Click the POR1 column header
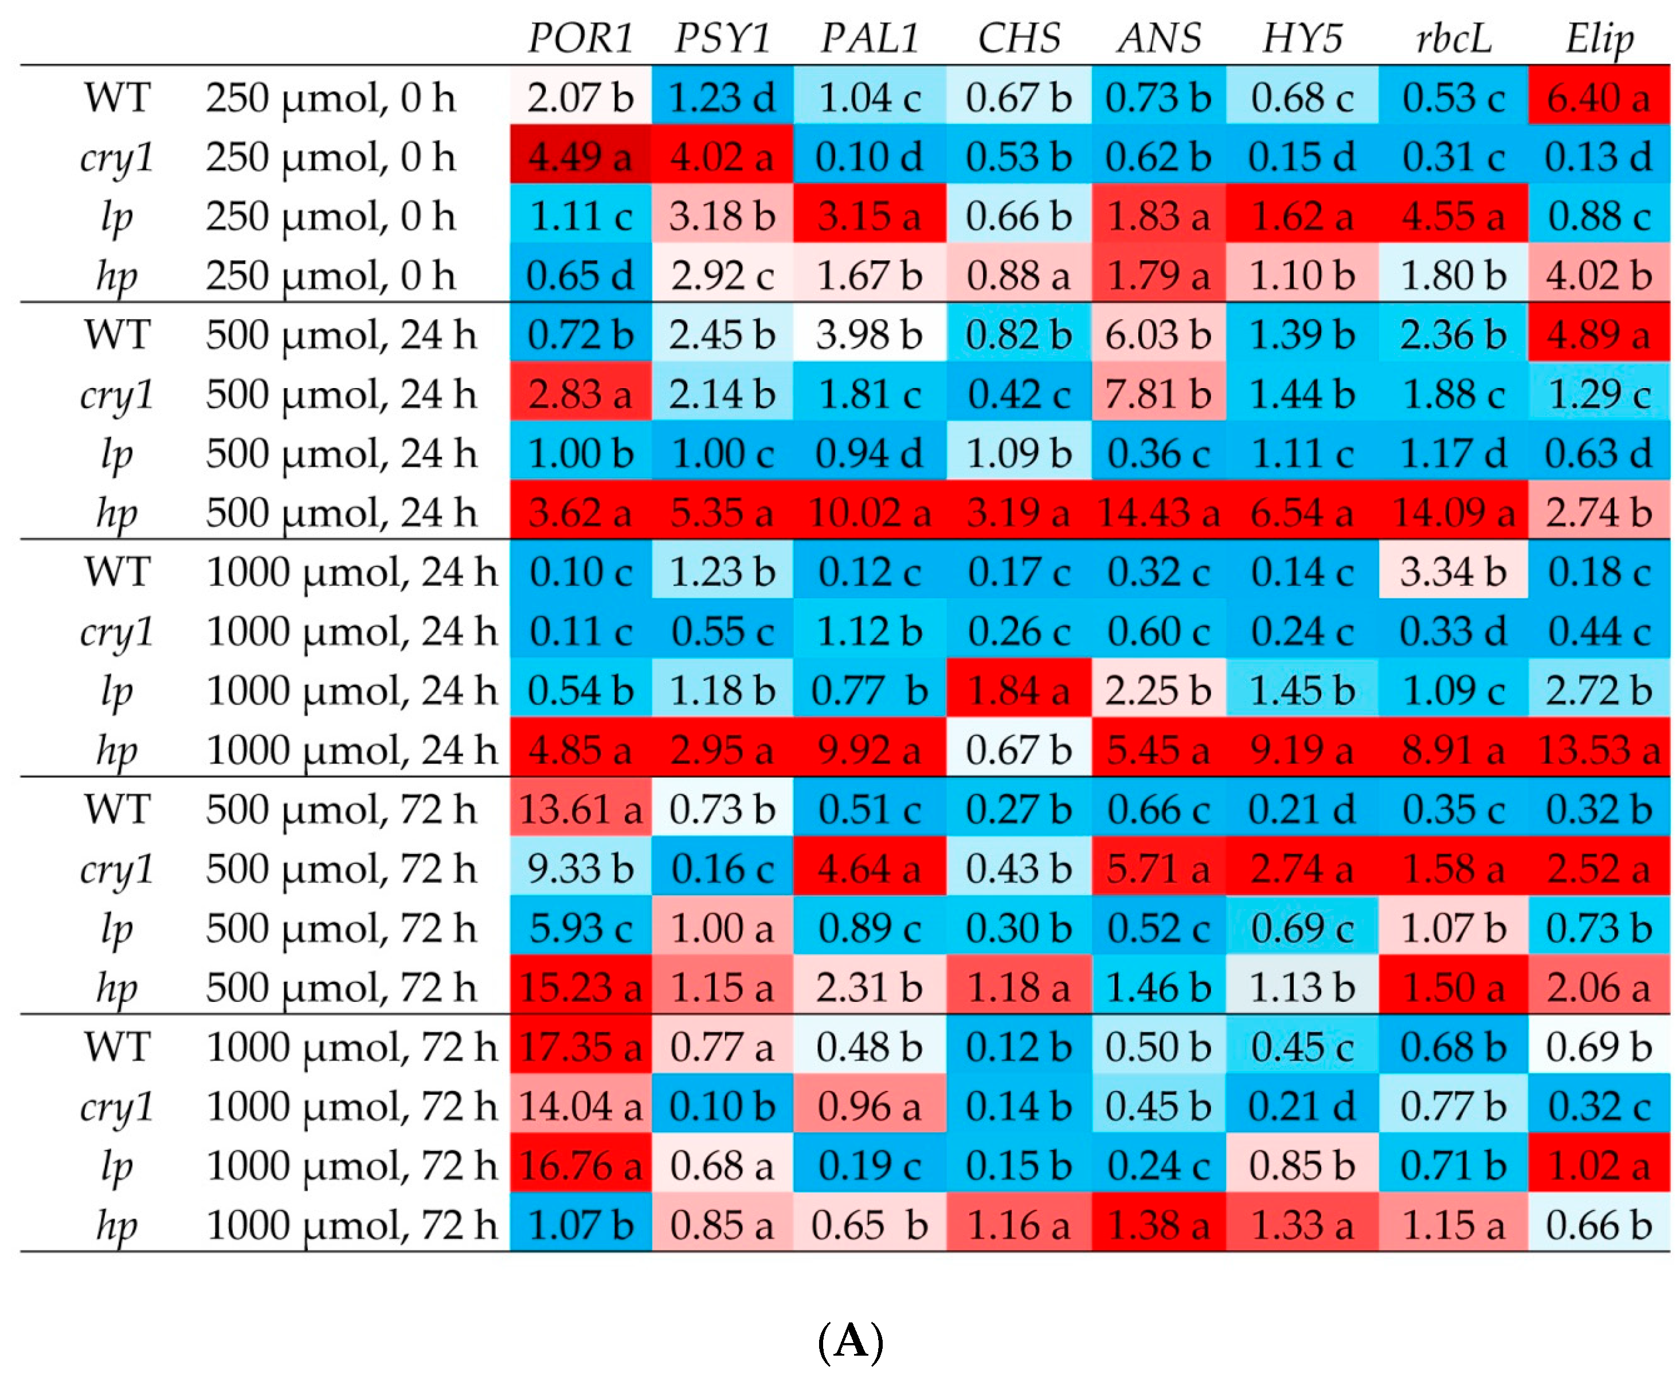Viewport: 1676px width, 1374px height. click(x=580, y=37)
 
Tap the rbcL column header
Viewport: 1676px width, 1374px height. click(x=1453, y=37)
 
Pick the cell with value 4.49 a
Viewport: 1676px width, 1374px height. click(x=580, y=156)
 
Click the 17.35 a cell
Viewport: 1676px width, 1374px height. click(x=580, y=1046)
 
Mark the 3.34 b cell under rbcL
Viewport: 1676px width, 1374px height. click(x=1453, y=571)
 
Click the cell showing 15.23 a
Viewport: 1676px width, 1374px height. click(x=580, y=987)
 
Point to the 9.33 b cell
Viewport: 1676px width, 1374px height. click(x=580, y=868)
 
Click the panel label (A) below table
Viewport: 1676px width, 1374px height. click(x=850, y=1340)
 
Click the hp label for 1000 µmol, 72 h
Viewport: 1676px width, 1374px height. click(x=117, y=1225)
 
